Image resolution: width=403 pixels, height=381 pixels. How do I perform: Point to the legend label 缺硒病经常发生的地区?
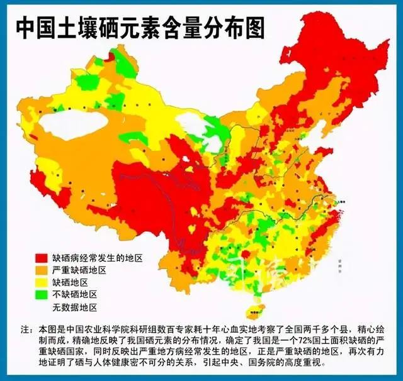[97, 258]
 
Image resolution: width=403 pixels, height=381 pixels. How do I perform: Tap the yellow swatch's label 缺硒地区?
[70, 282]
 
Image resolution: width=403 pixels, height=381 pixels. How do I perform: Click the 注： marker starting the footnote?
[27, 329]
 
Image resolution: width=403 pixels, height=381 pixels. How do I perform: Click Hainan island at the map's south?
[254, 304]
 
